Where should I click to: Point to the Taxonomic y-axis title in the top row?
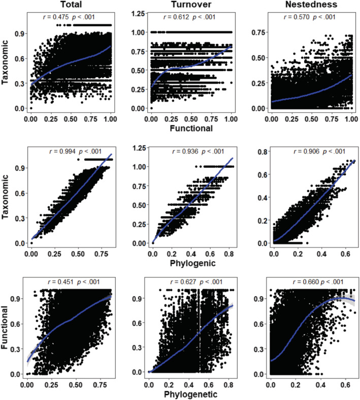click(6, 61)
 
